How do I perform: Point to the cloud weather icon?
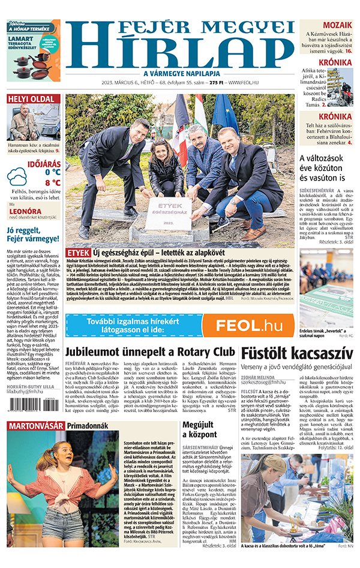[18, 177]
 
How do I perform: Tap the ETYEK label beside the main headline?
[78, 253]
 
